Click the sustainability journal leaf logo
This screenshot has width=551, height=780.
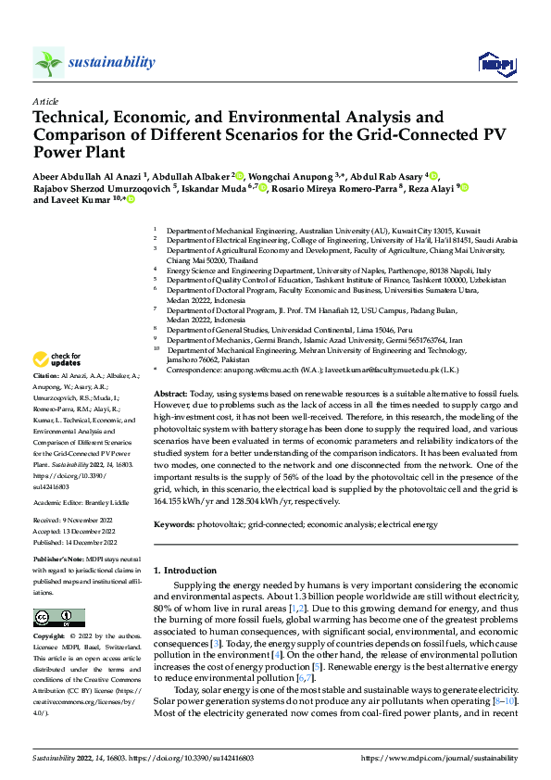pos(48,63)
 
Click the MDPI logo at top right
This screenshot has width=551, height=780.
pos(495,63)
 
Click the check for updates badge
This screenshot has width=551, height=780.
pos(57,359)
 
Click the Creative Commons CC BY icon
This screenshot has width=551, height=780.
pos(58,618)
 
